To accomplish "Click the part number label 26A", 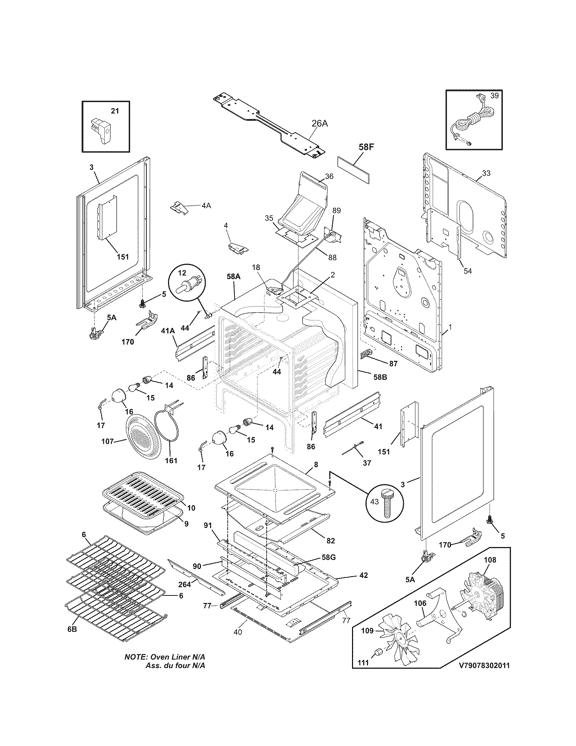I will [x=320, y=123].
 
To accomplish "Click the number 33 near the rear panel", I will [x=486, y=173].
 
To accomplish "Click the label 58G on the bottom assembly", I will [x=328, y=557].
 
